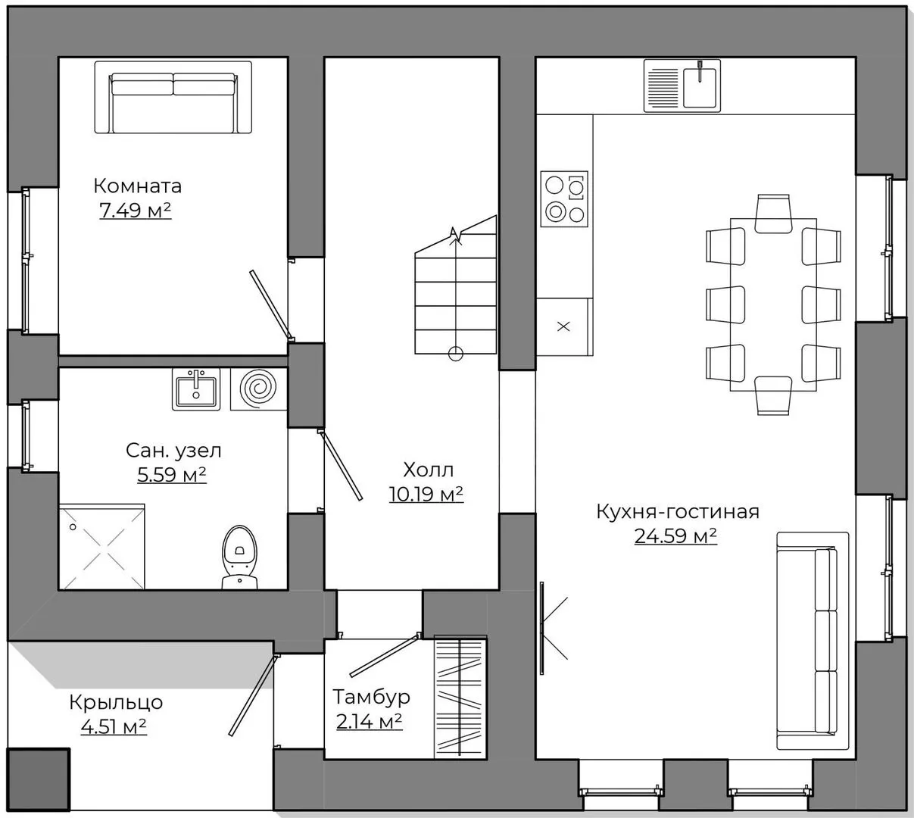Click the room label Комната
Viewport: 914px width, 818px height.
138,186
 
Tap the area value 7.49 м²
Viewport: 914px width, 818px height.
136,210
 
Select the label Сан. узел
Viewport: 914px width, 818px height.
173,451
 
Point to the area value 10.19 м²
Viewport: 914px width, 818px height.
426,494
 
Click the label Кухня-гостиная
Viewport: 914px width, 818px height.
678,512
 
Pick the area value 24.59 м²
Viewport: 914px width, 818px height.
675,535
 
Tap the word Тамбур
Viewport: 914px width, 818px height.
371,697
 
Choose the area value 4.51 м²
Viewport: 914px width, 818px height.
114,726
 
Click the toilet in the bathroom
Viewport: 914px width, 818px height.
239,557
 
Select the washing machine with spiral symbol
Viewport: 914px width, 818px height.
258,389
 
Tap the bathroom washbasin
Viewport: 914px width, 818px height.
196,389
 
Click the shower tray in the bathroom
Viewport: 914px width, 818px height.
102,547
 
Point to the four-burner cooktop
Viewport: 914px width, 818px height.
564,198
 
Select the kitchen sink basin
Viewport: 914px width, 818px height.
700,86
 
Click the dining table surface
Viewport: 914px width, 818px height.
773,304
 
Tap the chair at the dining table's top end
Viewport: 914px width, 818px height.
773,214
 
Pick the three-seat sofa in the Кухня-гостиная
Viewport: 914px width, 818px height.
812,641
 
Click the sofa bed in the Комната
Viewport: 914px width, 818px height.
173,98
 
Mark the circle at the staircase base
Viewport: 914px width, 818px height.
456,353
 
